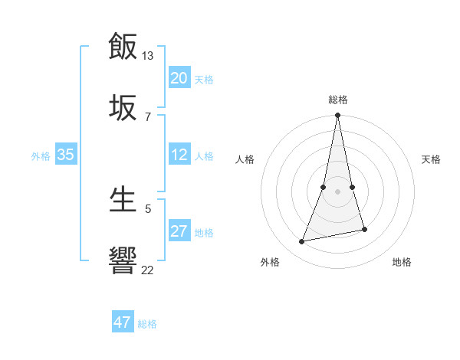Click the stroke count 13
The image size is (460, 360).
pos(147,56)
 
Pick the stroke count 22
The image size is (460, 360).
pos(147,270)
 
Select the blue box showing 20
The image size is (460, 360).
pos(179,78)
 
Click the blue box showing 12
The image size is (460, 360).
pos(179,155)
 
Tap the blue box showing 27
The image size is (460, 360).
pos(179,231)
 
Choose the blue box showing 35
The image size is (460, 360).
pos(65,155)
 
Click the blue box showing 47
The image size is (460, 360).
pos(123,322)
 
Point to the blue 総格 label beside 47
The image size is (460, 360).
pos(147,324)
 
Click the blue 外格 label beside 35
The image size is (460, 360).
pos(41,156)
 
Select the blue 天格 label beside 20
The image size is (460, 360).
pos(204,80)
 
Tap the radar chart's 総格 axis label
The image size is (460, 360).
pos(338,100)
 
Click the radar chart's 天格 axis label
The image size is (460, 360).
pos(432,159)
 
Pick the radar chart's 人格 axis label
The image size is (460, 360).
pos(245,159)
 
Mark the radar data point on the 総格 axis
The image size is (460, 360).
pos(338,116)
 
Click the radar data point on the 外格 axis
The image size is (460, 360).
pos(302,242)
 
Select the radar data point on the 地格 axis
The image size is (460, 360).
pos(364,229)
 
